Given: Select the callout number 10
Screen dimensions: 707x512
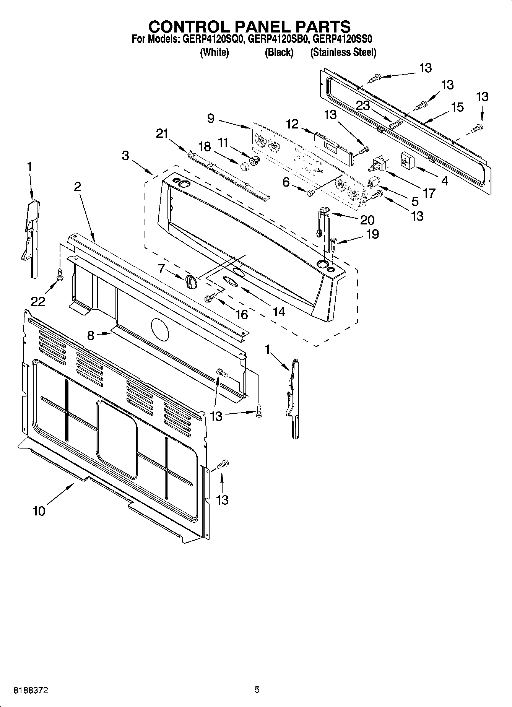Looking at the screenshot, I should click(39, 511).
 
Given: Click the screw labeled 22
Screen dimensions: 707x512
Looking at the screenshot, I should click(59, 274).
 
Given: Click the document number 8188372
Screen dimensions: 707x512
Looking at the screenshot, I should click(31, 690).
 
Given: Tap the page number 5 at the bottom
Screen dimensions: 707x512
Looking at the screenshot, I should click(257, 690).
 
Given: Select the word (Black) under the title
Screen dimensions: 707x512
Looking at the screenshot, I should click(279, 52).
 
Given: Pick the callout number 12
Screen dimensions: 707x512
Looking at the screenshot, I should click(292, 124).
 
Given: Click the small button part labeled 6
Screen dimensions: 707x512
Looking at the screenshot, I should click(310, 193).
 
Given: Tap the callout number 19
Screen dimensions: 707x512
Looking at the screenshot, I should click(372, 234).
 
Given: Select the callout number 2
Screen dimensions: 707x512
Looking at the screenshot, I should click(78, 187).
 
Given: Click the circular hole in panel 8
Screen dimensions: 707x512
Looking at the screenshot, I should click(159, 329).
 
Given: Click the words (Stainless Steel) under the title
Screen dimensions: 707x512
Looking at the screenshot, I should click(343, 52).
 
